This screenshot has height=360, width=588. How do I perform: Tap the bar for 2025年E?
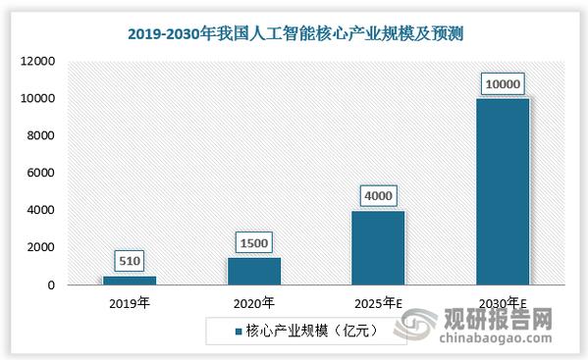tap(377, 247)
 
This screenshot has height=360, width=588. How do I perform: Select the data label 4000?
tap(377, 195)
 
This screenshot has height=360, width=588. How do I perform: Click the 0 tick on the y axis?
tap(50, 285)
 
